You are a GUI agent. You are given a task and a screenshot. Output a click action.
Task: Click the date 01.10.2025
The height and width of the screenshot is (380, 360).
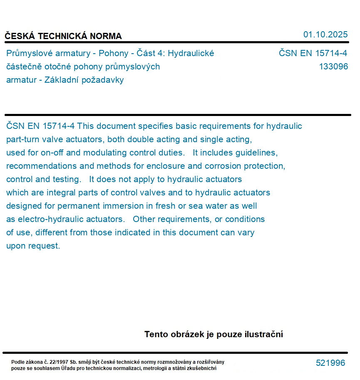click(x=325, y=35)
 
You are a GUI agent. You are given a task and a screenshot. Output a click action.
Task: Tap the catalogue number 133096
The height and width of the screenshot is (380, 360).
click(x=333, y=67)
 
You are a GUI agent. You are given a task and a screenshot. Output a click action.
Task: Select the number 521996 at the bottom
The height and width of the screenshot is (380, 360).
click(x=330, y=363)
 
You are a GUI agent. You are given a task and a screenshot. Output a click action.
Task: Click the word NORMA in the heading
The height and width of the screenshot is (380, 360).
click(x=106, y=36)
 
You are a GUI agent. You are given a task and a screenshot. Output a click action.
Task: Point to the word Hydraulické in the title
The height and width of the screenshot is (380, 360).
click(x=191, y=53)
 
